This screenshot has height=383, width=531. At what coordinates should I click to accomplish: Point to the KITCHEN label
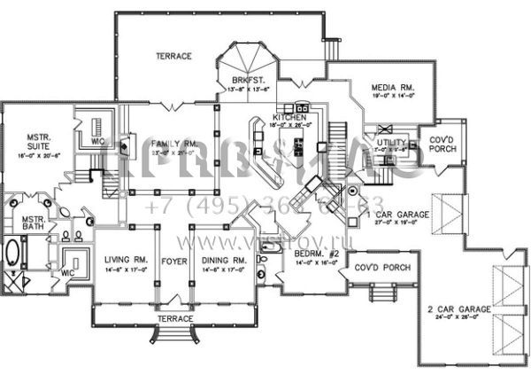coord(289,117)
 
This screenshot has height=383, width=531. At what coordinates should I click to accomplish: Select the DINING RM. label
coord(221,260)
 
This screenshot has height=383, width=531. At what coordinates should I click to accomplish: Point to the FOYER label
coord(172,260)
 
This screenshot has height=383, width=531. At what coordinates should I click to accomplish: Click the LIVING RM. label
coord(124,260)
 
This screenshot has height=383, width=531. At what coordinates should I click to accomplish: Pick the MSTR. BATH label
coord(34,222)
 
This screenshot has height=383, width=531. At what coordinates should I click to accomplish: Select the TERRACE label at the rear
coord(174,56)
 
